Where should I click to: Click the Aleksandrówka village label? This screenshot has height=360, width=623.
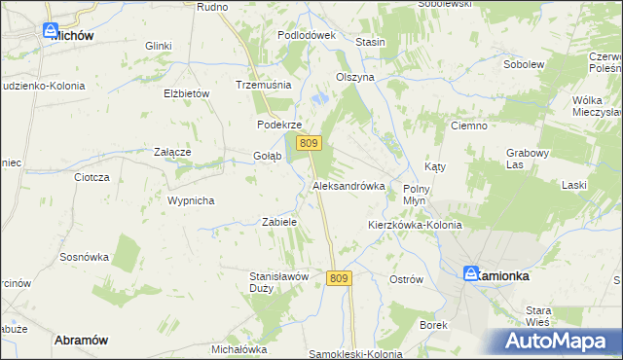pos(348,185)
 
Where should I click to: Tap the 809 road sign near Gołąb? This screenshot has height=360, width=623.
pos(310,143)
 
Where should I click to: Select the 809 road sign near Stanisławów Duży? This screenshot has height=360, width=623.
pos(338,278)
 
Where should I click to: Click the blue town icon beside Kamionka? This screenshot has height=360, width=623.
pos(471,274)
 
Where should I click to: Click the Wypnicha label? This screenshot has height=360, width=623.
pos(190,200)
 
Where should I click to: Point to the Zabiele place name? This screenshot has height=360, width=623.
pos(279,222)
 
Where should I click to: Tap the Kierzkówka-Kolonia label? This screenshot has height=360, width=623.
pos(414,225)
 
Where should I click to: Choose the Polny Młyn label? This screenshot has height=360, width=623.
pos(417,193)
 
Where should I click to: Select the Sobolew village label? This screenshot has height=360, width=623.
pos(522,64)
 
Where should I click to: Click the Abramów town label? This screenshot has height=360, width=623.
pos(81,339)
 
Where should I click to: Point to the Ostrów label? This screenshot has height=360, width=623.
pos(406,279)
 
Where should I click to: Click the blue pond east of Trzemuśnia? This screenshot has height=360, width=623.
pos(320,98)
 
